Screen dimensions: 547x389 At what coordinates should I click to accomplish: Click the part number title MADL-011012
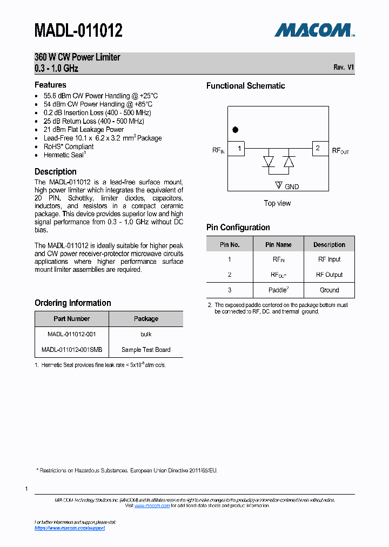pyautogui.click(x=78, y=30)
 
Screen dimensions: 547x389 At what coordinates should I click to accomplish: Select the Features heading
pyautogui.click(x=50, y=85)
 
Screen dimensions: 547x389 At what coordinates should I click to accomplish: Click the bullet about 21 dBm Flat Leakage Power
pyautogui.click(x=84, y=130)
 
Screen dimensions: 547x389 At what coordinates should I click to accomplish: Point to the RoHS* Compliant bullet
pyautogui.click(x=69, y=146)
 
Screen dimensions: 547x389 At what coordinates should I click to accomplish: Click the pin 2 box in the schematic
pyautogui.click(x=320, y=148)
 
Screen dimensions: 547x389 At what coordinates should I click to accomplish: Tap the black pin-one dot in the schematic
pyautogui.click(x=235, y=130)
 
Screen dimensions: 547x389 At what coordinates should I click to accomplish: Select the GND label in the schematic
pyautogui.click(x=291, y=186)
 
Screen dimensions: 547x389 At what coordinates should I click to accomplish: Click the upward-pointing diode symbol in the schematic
pyautogui.click(x=289, y=162)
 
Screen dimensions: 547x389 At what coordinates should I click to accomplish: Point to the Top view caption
pyautogui.click(x=277, y=203)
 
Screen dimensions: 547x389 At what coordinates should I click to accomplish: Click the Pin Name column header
pyautogui.click(x=278, y=245)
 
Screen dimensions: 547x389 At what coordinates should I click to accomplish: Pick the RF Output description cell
pyautogui.click(x=329, y=275)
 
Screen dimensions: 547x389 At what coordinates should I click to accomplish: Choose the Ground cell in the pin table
pyautogui.click(x=329, y=290)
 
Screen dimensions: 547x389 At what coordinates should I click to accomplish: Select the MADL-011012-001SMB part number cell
pyautogui.click(x=72, y=350)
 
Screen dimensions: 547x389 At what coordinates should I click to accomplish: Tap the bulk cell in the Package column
pyautogui.click(x=146, y=334)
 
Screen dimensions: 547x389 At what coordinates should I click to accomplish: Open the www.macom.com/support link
pyautogui.click(x=70, y=528)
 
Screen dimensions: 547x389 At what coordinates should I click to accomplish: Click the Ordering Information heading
pyautogui.click(x=73, y=303)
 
